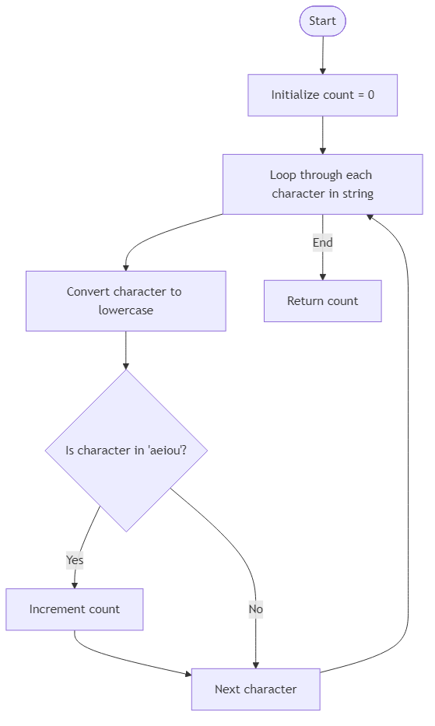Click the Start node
pos(322,21)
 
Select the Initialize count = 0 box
pos(322,95)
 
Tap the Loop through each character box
pos(322,184)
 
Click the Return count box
pos(322,301)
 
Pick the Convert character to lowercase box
pos(125,301)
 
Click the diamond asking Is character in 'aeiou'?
pos(126,451)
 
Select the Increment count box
pos(75,609)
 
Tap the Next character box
pos(255,689)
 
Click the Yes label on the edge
pos(75,559)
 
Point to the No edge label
pos(255,609)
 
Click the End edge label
pos(322,243)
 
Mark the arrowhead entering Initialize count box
pos(322,71)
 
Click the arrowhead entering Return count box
pos(322,276)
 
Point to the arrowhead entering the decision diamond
pos(125,366)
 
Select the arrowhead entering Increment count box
pos(75,585)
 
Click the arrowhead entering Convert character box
pos(125,267)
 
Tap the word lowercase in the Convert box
pos(125,310)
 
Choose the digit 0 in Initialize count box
pos(370,95)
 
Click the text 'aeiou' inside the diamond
pos(166,451)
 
